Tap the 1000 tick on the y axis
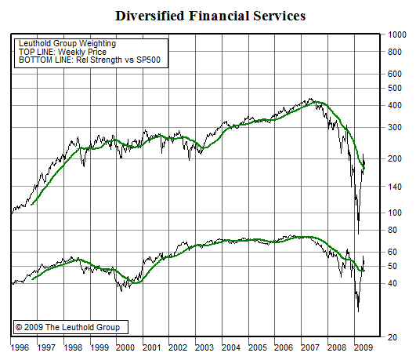pyautogui.click(x=397, y=35)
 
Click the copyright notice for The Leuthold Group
pyautogui.click(x=70, y=326)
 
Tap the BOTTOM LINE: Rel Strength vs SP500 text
pyautogui.click(x=81, y=60)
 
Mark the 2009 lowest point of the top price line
pyautogui.click(x=358, y=233)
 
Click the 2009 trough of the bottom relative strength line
pyautogui.click(x=358, y=311)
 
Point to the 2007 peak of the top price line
pyautogui.click(x=312, y=100)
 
